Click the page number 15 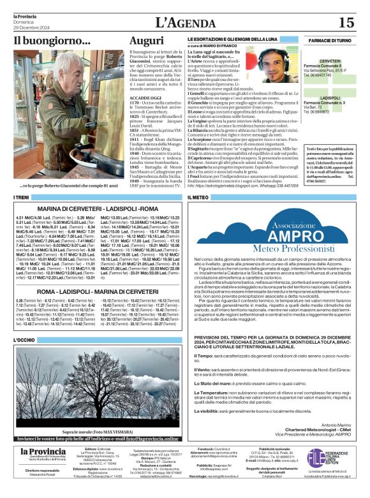(346, 23)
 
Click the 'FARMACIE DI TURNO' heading (330, 40)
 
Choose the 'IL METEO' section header (198, 199)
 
